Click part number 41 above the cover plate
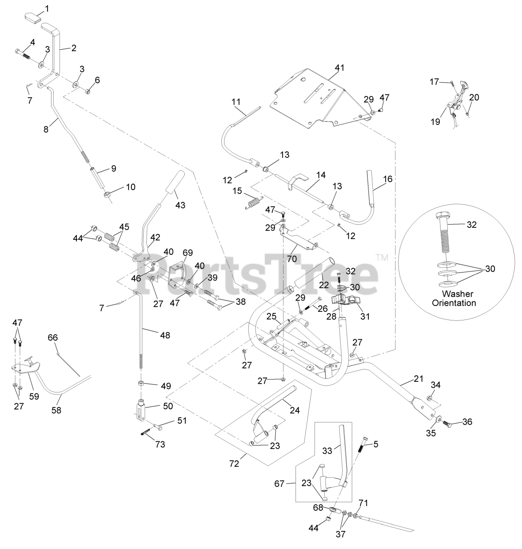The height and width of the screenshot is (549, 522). pyautogui.click(x=340, y=67)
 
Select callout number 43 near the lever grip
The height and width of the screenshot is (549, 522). pyautogui.click(x=181, y=205)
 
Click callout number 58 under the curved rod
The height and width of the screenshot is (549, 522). pyautogui.click(x=56, y=410)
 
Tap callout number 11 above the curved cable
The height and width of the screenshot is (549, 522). pyautogui.click(x=236, y=102)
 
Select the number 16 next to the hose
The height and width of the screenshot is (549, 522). pyautogui.click(x=388, y=179)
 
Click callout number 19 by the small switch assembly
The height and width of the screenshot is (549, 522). pyautogui.click(x=436, y=122)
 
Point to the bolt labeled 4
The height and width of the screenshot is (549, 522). pyautogui.click(x=22, y=54)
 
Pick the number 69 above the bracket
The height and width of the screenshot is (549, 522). pyautogui.click(x=188, y=253)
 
